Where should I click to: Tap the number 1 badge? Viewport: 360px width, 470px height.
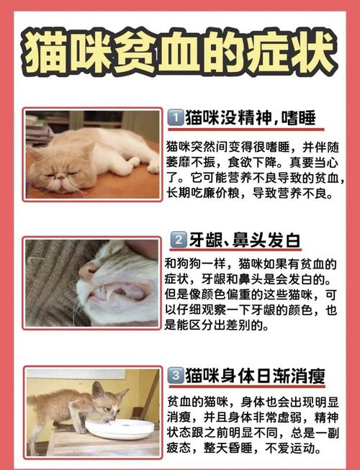[x=174, y=117]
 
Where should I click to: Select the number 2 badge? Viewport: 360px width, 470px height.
[x=174, y=240]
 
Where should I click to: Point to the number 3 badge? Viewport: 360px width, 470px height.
[x=174, y=376]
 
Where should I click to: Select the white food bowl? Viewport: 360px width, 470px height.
[x=119, y=429]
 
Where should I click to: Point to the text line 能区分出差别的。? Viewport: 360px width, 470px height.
[x=216, y=326]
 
